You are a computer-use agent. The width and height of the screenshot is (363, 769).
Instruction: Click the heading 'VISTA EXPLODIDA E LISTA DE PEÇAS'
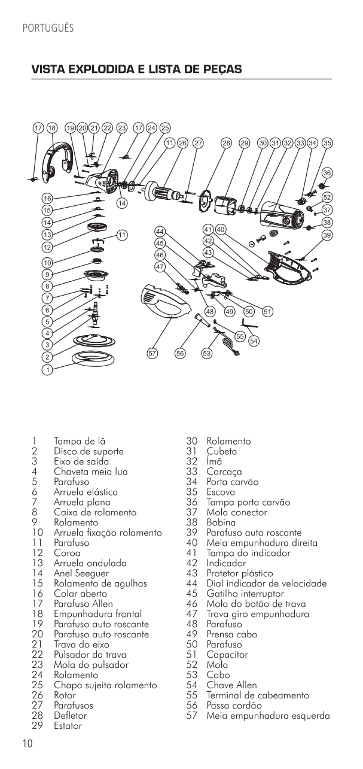click(x=137, y=70)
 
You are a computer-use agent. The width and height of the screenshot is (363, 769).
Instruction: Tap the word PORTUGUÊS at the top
click(x=47, y=28)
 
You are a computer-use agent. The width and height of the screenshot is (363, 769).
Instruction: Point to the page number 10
click(x=28, y=744)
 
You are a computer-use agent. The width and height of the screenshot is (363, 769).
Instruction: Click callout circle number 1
click(x=47, y=370)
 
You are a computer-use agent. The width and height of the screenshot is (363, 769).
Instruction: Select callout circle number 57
click(x=153, y=354)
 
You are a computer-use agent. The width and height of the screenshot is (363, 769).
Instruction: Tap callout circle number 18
click(x=51, y=128)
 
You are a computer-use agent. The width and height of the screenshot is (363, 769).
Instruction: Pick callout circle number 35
click(x=327, y=143)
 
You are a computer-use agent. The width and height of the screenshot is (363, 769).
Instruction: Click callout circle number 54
click(x=254, y=341)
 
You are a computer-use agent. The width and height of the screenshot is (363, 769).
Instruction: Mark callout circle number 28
click(x=226, y=143)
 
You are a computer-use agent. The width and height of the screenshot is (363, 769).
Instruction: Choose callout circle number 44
click(x=160, y=231)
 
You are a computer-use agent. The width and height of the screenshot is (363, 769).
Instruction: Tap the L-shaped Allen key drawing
click(x=245, y=323)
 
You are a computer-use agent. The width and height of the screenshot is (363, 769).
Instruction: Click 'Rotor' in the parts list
click(x=65, y=695)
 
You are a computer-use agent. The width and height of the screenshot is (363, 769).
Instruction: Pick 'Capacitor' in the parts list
click(x=227, y=655)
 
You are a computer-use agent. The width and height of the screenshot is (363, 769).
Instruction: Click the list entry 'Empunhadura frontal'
click(x=97, y=614)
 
